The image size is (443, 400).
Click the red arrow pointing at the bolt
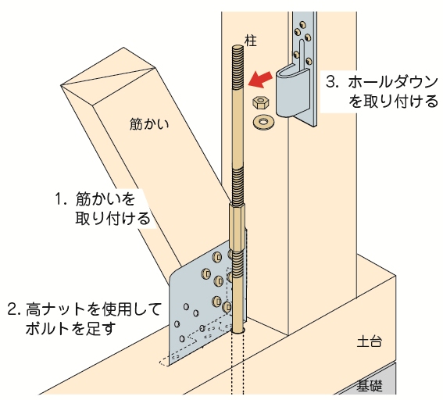coord(260,78)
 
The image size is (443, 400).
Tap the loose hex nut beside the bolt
coord(260,102)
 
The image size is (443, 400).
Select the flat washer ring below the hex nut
coord(264,122)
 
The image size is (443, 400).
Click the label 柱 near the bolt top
coord(251,41)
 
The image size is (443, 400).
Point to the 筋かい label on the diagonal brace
coord(149,124)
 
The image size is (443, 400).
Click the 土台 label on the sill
coord(370,341)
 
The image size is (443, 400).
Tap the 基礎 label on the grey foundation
coord(370,386)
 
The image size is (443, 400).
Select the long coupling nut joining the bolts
coord(238,227)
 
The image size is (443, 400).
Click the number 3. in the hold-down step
coord(332,82)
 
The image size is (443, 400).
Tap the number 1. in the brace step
coord(61,198)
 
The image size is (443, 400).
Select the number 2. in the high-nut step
coord(15,309)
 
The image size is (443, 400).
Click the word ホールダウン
coord(393,82)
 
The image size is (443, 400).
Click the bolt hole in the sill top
coord(238,330)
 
